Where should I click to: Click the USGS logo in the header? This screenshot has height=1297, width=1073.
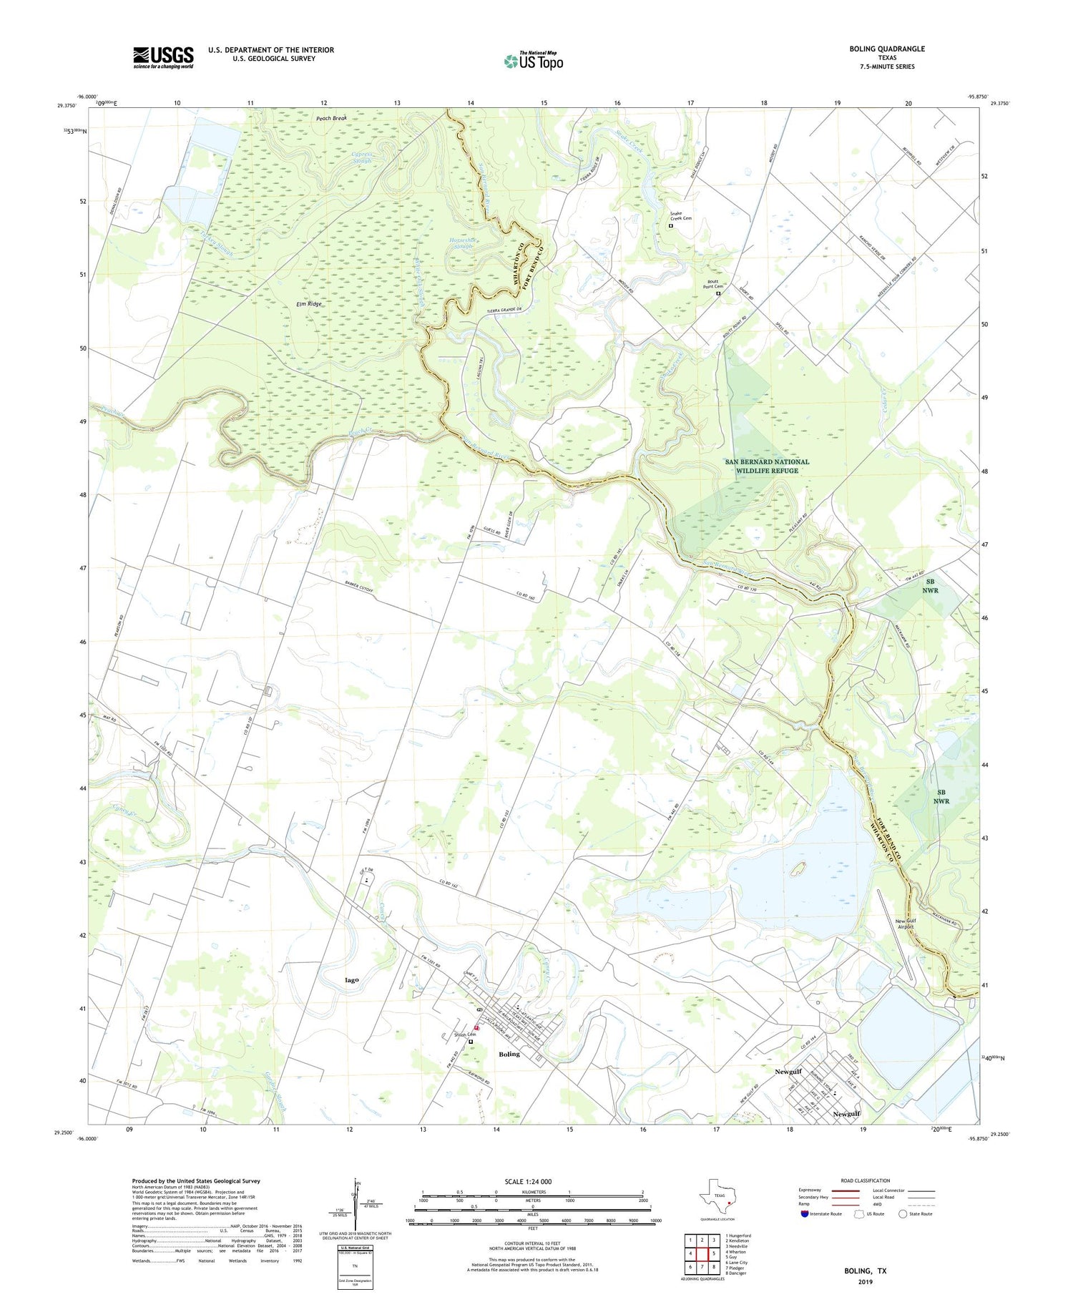coord(163,57)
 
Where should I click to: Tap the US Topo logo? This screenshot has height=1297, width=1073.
coord(534,61)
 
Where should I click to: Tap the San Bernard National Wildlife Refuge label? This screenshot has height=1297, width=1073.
coord(767,466)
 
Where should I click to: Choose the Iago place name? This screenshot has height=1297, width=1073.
coord(351,979)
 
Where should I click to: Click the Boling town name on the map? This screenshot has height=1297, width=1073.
coord(509,1054)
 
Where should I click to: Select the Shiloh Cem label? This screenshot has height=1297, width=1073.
coord(464,1034)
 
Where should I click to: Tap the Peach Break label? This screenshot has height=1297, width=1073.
coord(331,118)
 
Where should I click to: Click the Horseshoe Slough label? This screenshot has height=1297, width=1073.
coord(461,243)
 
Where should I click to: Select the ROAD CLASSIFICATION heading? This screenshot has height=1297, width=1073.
coord(866,1180)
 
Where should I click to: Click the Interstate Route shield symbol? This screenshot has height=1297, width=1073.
coord(805,1214)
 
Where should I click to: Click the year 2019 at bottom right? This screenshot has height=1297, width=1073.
coord(865,1281)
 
